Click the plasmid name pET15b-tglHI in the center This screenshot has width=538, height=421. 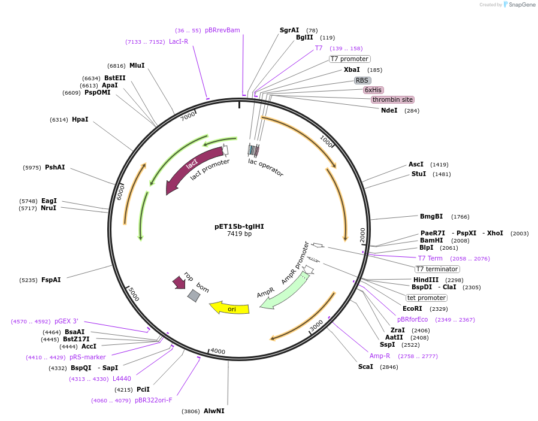(239, 226)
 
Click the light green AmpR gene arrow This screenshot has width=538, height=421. (285, 290)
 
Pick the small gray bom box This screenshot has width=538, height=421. (194, 295)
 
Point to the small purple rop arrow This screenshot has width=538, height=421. (179, 282)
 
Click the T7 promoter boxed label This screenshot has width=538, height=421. (349, 59)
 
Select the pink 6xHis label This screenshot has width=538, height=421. (373, 90)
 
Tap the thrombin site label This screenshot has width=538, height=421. (392, 99)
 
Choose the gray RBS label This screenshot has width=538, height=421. (362, 80)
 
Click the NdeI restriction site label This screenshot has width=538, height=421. (389, 110)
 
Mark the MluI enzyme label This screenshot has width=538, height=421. (137, 65)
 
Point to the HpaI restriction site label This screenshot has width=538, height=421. (80, 119)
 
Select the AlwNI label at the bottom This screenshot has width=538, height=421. (214, 411)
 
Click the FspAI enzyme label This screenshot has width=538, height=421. (51, 280)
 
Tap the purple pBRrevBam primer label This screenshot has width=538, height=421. (222, 30)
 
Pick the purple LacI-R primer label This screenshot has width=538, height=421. (179, 41)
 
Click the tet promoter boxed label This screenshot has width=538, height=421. (427, 298)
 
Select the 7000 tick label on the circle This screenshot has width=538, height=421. (189, 115)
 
